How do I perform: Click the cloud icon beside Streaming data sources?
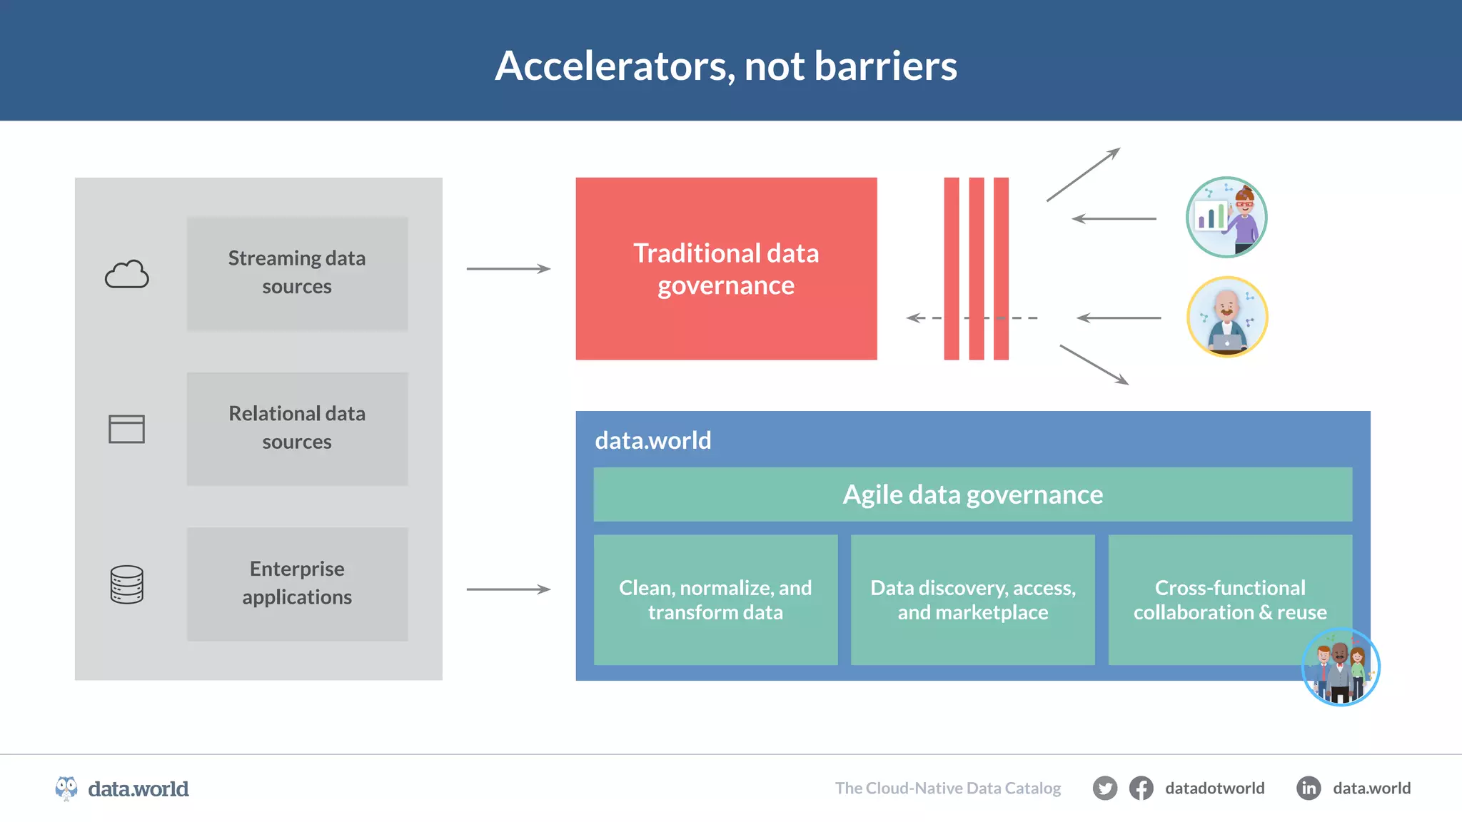127,274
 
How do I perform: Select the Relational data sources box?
297,428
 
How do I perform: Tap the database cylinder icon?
127,584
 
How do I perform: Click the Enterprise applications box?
297,583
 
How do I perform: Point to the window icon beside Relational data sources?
126,429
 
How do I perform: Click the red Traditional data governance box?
726,268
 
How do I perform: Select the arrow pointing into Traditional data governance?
508,269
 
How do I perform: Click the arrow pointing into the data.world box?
508,589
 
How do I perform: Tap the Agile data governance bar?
972,494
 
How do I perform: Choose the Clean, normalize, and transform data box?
715,599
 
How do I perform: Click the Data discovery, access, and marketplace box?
972,599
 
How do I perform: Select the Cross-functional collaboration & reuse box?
1229,599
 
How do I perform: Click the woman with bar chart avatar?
1226,217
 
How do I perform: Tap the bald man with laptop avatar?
1227,317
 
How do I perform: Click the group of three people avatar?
1341,667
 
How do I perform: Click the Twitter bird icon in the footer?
1104,788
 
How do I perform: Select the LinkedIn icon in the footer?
1309,788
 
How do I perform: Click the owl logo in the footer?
66,788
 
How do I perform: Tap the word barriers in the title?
885,66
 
